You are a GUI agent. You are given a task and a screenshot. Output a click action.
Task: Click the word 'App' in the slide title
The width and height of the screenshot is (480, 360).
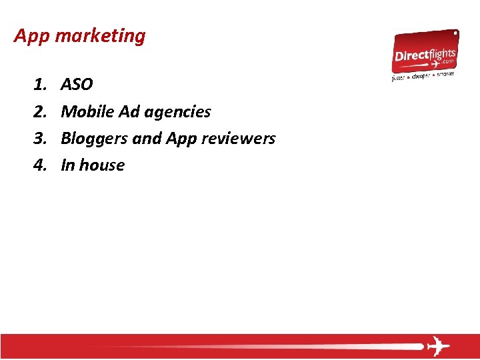(x=33, y=36)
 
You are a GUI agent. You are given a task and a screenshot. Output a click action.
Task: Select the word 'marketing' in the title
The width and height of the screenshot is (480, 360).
(x=100, y=36)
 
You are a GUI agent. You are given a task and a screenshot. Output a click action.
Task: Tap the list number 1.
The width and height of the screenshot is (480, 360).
(x=39, y=85)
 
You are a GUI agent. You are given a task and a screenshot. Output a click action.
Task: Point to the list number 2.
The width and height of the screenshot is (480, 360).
(x=39, y=112)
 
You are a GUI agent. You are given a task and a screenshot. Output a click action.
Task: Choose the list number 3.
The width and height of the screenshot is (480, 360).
(x=39, y=139)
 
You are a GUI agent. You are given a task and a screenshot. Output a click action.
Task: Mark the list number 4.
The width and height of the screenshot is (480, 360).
(x=39, y=165)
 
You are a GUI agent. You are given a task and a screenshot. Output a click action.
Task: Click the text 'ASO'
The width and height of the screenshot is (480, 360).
(x=77, y=85)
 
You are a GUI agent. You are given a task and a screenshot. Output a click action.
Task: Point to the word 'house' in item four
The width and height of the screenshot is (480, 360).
(x=102, y=165)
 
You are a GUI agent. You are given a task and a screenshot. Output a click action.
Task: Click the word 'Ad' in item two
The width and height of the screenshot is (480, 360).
(x=129, y=112)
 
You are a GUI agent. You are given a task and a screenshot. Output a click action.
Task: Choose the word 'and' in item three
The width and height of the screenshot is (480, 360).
(x=147, y=139)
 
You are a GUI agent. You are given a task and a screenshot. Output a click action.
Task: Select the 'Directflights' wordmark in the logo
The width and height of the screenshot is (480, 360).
(x=425, y=54)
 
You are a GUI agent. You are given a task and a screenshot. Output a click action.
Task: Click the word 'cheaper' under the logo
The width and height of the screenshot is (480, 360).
(x=421, y=76)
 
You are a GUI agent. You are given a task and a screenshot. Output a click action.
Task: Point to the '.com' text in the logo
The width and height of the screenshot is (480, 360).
(x=445, y=59)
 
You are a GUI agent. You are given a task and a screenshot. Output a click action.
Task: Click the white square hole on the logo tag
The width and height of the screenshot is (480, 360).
(x=456, y=32)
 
